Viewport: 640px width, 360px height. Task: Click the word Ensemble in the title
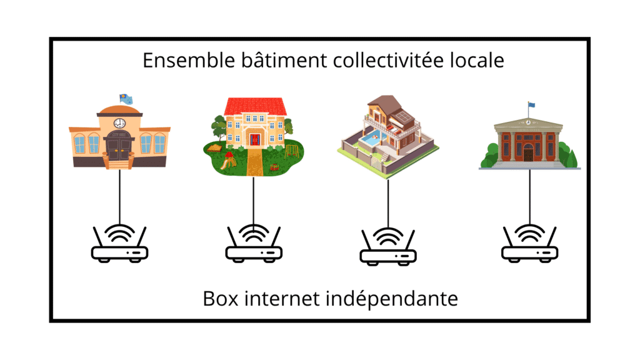click(189, 61)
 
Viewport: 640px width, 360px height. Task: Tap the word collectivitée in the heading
click(388, 61)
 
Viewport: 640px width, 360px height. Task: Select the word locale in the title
click(477, 61)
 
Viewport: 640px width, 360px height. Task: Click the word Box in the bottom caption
click(221, 298)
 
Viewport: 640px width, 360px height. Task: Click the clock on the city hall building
click(119, 123)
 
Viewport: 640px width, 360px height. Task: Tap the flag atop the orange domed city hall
click(126, 98)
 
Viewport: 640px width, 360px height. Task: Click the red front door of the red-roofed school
click(255, 139)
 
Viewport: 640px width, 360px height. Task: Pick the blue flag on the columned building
click(531, 104)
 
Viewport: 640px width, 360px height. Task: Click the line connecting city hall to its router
click(119, 196)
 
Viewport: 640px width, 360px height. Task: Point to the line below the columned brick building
click(530, 196)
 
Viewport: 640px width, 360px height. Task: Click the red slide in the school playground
click(229, 161)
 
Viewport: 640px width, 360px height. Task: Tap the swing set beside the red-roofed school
click(292, 151)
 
